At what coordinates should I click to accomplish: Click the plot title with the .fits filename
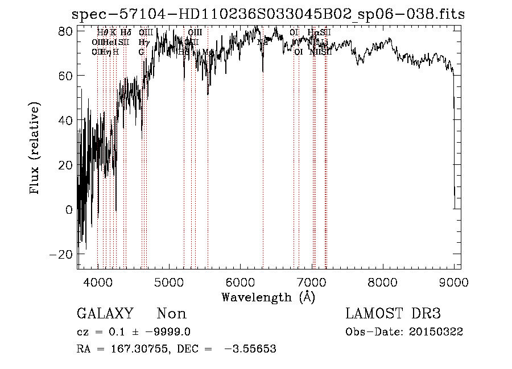[270, 14]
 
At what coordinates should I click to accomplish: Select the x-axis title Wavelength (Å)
[268, 297]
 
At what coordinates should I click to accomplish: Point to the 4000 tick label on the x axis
[98, 282]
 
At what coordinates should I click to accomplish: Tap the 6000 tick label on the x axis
[240, 282]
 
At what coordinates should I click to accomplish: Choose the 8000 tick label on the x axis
[382, 282]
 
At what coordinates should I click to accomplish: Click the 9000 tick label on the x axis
[453, 282]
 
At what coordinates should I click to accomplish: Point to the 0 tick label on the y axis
[69, 210]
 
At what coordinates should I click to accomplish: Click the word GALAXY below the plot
[105, 314]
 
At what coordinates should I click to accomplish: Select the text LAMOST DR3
[393, 314]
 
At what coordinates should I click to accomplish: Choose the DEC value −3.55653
[251, 349]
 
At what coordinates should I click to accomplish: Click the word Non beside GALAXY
[172, 314]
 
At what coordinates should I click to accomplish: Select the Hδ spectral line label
[126, 32]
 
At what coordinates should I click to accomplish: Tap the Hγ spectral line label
[143, 42]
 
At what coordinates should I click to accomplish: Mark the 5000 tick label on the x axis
[169, 282]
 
